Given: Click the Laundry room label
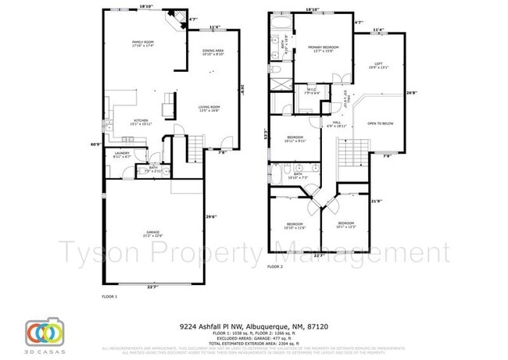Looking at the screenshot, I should click(121, 155).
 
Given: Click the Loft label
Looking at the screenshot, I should click(377, 66).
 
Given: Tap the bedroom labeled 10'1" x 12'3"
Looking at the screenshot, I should click(345, 225).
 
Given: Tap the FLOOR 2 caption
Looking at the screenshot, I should click(275, 266).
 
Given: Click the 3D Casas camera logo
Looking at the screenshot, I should click(44, 331).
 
